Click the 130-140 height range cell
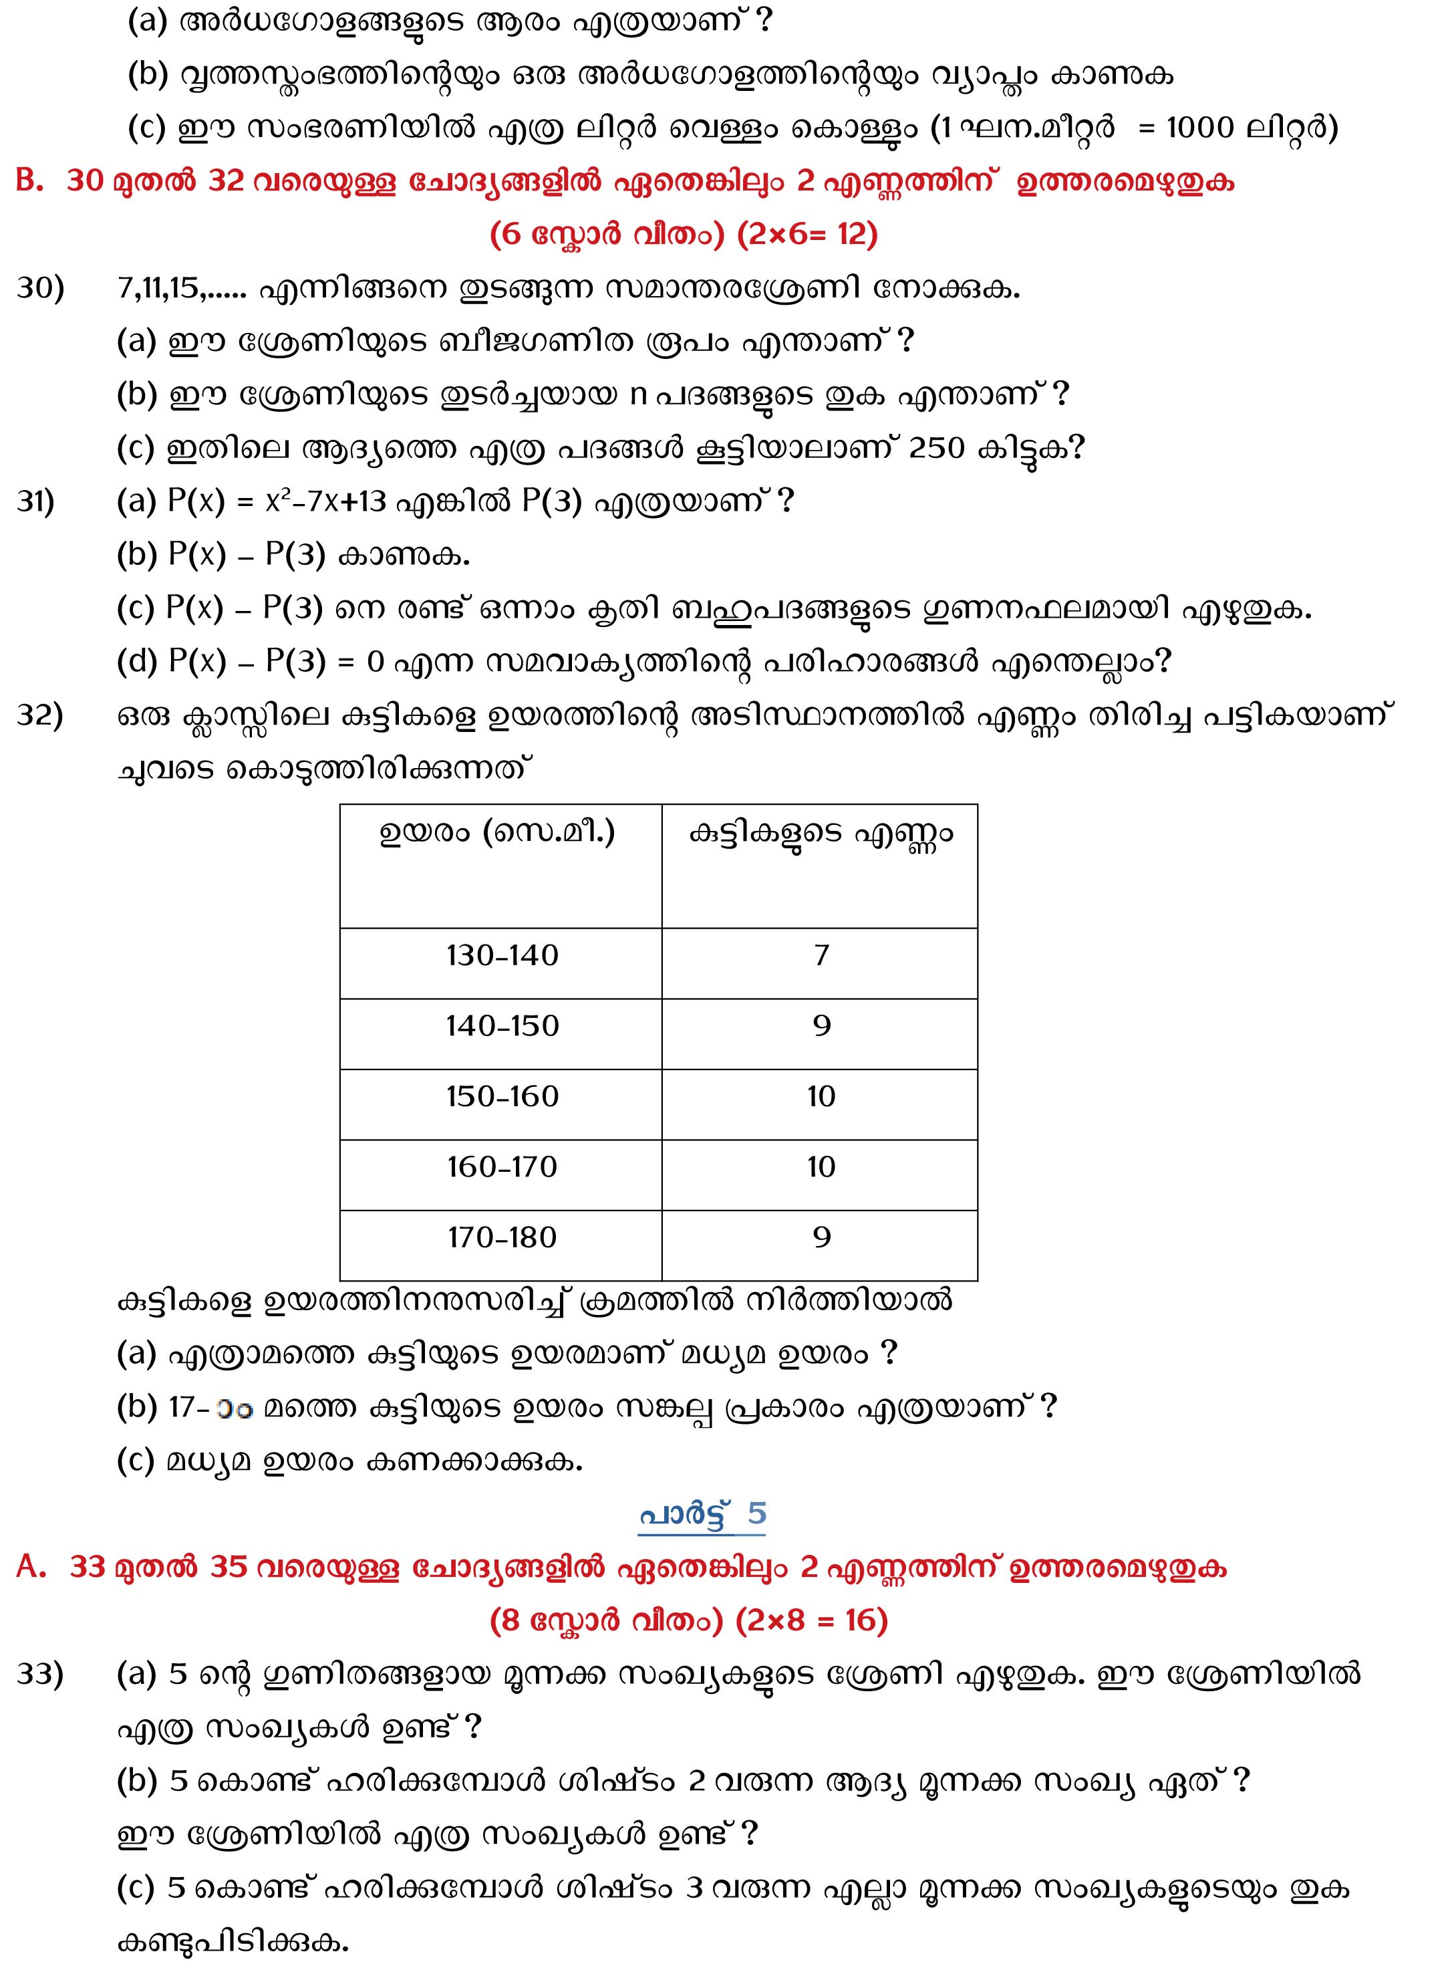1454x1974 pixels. tap(502, 955)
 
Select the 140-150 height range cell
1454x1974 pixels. tap(502, 1025)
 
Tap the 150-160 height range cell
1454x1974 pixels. tap(502, 1096)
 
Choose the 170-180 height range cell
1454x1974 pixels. tap(502, 1237)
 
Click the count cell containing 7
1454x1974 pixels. tap(821, 955)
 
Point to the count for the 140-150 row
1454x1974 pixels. tap(821, 1025)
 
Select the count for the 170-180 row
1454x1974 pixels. tap(821, 1237)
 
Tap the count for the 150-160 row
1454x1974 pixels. tap(821, 1096)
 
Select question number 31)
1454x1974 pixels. tap(36, 502)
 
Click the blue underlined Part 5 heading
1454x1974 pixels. tap(702, 1514)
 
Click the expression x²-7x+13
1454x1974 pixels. tap(325, 502)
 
